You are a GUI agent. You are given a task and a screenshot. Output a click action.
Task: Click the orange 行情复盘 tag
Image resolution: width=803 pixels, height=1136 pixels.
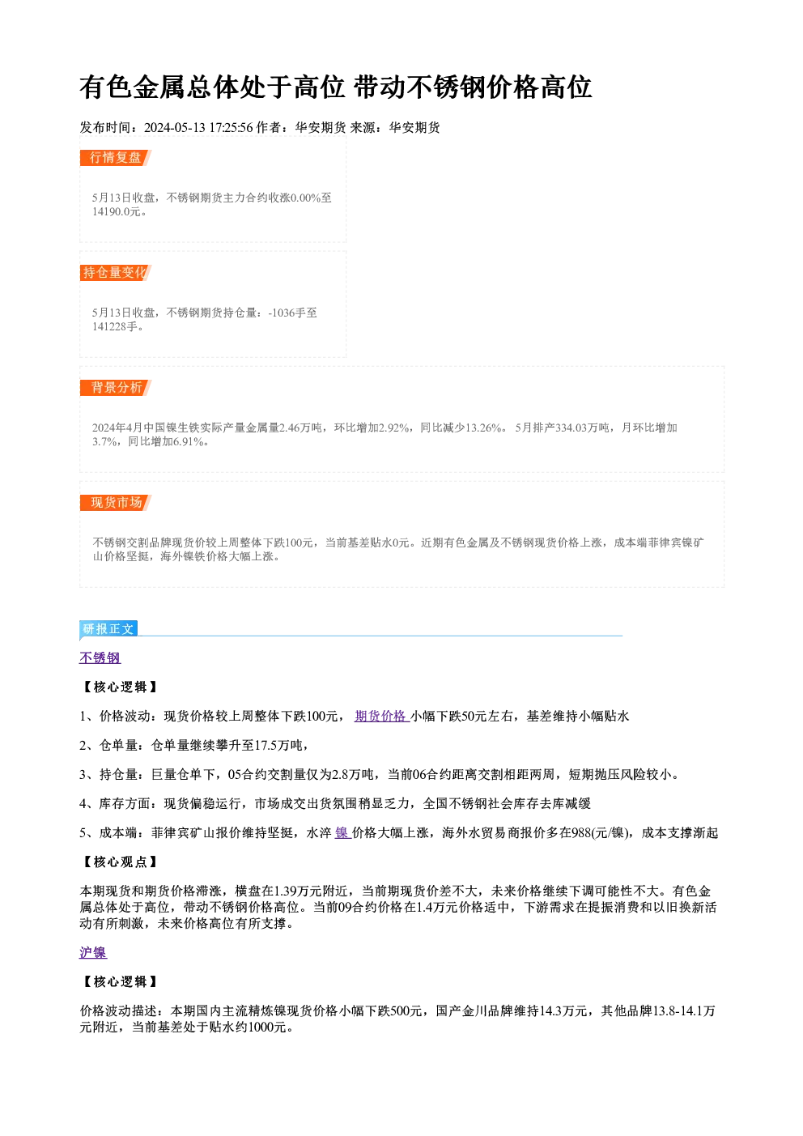coord(116,158)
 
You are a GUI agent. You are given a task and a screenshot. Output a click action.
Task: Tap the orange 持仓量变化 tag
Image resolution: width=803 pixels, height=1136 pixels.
coord(116,273)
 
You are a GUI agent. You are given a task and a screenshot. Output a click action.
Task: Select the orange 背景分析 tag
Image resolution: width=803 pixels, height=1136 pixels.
coord(116,388)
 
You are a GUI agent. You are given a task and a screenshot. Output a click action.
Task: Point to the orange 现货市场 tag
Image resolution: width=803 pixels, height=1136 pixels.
coord(116,503)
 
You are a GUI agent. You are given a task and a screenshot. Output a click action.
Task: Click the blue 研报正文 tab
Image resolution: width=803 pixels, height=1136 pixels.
coord(108,629)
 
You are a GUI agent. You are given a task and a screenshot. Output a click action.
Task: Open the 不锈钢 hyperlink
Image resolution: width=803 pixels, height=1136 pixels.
coord(100,657)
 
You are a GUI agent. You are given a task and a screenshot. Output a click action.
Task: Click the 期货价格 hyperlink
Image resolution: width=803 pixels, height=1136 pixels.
coord(382,716)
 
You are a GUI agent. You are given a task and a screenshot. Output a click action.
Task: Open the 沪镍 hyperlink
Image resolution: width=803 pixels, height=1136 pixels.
coord(93,952)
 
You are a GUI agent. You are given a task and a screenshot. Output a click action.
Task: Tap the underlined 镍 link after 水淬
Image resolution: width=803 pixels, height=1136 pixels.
coord(342,832)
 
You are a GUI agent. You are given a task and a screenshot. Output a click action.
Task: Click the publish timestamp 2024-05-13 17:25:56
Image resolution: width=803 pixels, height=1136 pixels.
coord(198,127)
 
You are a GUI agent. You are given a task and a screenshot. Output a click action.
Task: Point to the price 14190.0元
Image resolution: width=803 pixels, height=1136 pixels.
coord(116,211)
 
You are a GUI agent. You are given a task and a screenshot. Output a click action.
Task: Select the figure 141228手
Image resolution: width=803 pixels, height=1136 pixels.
coord(115,326)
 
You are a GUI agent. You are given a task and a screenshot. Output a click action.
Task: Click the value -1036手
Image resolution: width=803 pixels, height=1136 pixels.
coord(286,313)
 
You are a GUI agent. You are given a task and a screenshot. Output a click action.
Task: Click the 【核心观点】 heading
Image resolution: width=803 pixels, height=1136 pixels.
coord(120,862)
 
